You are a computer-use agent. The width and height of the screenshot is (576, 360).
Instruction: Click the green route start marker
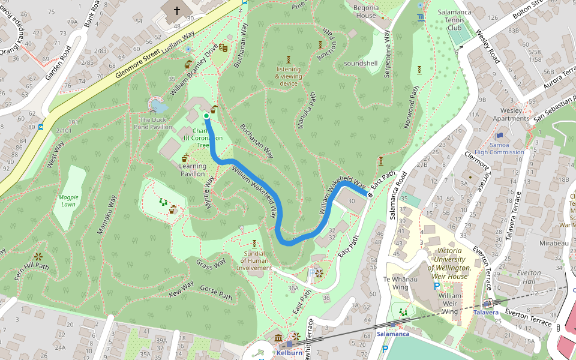tap(206, 116)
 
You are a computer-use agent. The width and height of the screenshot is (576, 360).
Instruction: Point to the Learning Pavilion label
tap(193, 170)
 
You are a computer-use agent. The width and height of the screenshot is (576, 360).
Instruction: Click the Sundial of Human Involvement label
tap(255, 260)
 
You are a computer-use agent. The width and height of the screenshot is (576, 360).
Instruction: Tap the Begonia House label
tap(365, 11)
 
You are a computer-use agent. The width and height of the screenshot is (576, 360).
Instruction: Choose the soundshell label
tap(361, 63)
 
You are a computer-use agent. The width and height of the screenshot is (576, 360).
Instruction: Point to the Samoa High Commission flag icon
tap(499, 136)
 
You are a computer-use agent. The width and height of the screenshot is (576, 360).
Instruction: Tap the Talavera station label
tap(485, 313)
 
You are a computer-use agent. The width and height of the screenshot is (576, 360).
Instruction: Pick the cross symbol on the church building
tap(177, 10)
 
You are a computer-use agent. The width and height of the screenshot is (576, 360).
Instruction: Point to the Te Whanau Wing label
tap(400, 283)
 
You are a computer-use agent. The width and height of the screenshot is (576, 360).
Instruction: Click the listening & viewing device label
tap(289, 76)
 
